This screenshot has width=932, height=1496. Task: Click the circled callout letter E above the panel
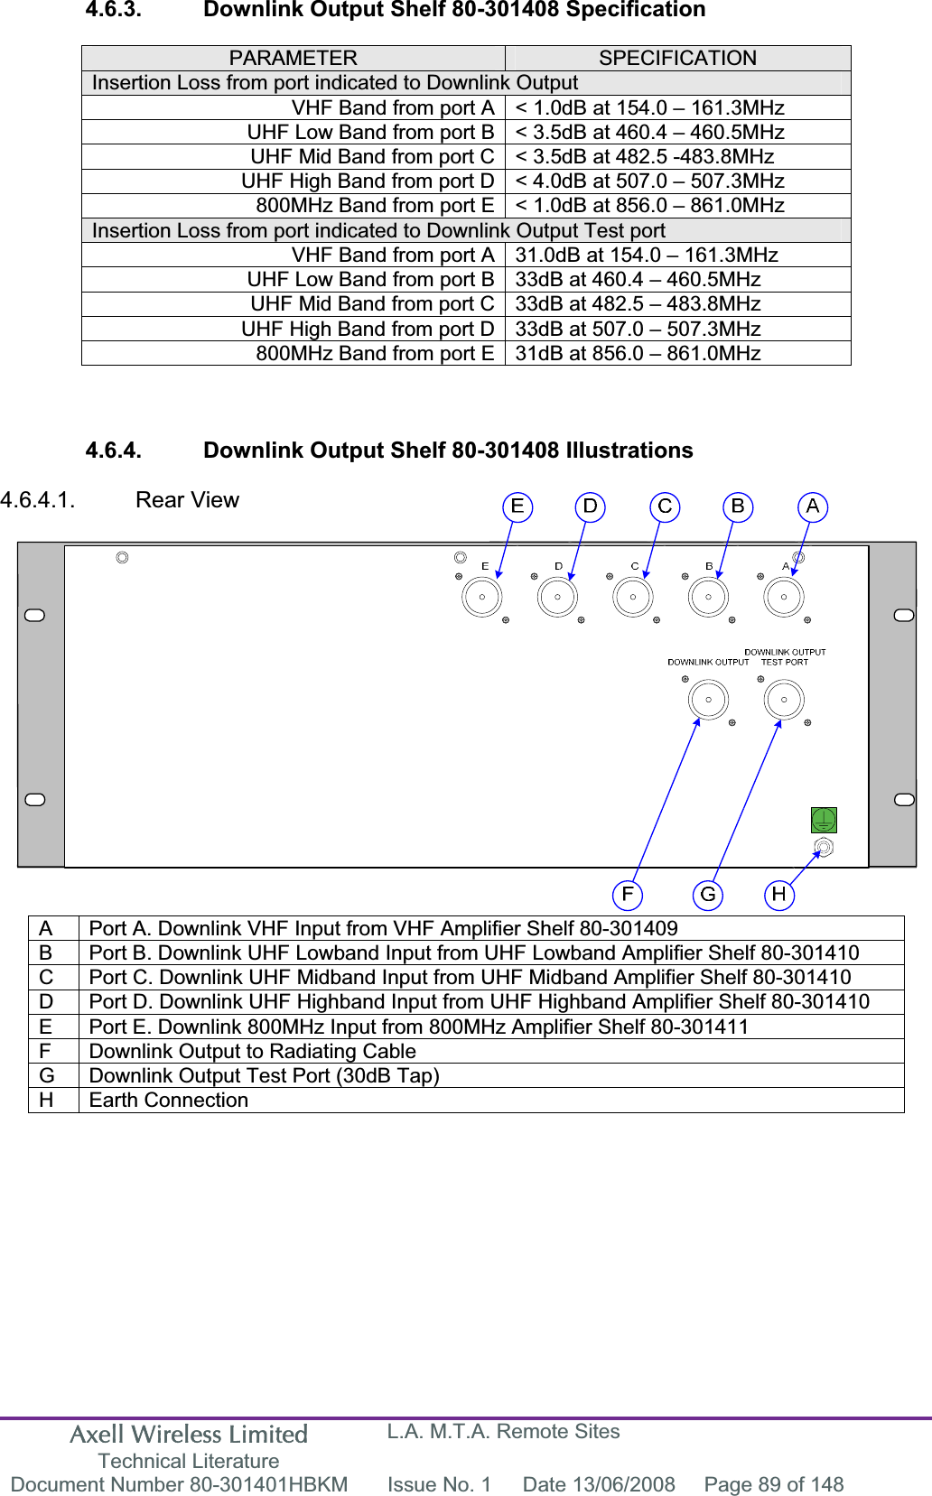[x=517, y=506]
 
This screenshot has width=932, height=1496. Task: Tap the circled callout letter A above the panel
[x=813, y=506]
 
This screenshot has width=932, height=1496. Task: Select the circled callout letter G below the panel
[x=708, y=895]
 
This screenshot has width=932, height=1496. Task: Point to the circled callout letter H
[x=778, y=895]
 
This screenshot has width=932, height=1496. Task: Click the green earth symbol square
[x=824, y=820]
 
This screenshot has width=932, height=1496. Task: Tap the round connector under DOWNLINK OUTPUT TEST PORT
[x=784, y=700]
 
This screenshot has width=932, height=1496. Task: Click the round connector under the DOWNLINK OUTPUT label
[x=709, y=700]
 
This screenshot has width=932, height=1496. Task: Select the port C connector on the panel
[x=633, y=597]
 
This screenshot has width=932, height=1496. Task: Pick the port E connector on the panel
[x=482, y=597]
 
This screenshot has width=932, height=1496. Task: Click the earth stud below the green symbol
[x=824, y=848]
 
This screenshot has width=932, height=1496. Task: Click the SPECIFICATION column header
[x=677, y=58]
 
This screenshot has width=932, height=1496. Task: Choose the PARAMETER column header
[x=293, y=58]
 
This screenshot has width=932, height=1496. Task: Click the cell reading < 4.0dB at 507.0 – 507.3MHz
[x=649, y=181]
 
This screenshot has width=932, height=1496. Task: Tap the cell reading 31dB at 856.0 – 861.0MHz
[x=638, y=353]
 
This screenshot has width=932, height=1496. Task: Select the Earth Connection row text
[x=169, y=1100]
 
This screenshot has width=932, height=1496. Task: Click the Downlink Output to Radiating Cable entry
[x=253, y=1051]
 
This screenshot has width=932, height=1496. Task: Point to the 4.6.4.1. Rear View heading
[x=120, y=500]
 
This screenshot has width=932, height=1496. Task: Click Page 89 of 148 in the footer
[x=773, y=1484]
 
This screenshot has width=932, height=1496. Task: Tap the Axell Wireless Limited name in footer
[x=189, y=1434]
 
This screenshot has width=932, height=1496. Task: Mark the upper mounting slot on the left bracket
[x=35, y=616]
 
